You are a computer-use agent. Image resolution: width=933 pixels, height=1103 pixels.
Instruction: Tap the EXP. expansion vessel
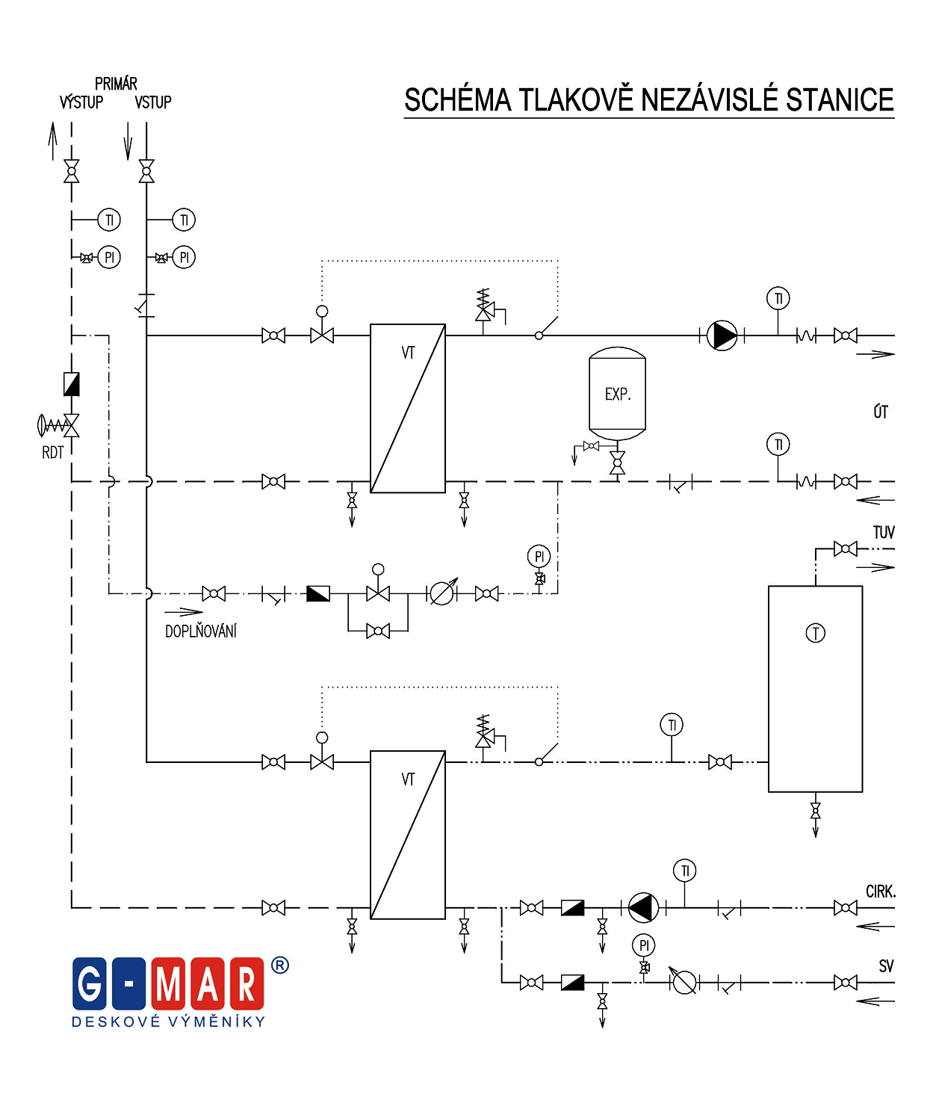pyautogui.click(x=617, y=394)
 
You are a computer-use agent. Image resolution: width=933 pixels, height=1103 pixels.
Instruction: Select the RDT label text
pyautogui.click(x=52, y=453)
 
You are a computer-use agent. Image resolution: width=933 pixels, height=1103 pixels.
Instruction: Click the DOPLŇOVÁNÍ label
pyautogui.click(x=201, y=631)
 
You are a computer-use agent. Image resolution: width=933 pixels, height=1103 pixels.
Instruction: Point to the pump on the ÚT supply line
pyautogui.click(x=722, y=336)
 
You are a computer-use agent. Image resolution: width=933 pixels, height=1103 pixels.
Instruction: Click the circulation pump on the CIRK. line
pyautogui.click(x=643, y=908)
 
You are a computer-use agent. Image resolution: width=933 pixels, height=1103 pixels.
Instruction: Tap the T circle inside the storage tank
pyautogui.click(x=815, y=633)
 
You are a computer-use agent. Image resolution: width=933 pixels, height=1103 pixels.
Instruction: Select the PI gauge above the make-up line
pyautogui.click(x=539, y=557)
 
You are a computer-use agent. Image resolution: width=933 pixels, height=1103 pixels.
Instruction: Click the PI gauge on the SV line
pyautogui.click(x=644, y=945)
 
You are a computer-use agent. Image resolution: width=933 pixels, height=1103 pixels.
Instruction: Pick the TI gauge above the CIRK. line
pyautogui.click(x=685, y=871)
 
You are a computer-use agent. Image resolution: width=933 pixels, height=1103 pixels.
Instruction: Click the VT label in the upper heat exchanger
pyautogui.click(x=408, y=353)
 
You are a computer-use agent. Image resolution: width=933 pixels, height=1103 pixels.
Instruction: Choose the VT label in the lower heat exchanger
pyautogui.click(x=408, y=780)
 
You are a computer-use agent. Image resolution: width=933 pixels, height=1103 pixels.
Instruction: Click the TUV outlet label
pyautogui.click(x=884, y=533)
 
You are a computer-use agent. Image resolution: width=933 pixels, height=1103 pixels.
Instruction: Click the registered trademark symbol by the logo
pyautogui.click(x=280, y=965)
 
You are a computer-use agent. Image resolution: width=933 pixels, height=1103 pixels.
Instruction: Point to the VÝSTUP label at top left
pyautogui.click(x=81, y=102)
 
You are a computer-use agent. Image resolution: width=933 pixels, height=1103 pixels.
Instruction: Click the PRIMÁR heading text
pyautogui.click(x=116, y=84)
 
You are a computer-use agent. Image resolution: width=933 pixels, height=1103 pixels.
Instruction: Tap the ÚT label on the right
pyautogui.click(x=881, y=412)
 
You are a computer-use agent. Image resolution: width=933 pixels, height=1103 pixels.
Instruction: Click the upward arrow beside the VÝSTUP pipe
pyautogui.click(x=52, y=141)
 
